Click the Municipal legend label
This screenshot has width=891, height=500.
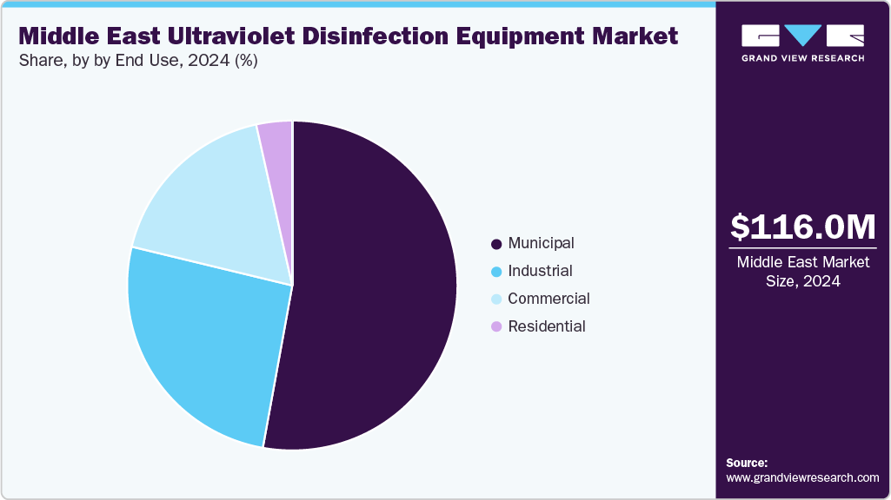(x=541, y=243)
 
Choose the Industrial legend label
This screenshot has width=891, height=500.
(x=540, y=271)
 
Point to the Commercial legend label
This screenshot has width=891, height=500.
(x=549, y=299)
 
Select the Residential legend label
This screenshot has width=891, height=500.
(x=547, y=326)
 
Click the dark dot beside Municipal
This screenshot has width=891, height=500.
(x=496, y=244)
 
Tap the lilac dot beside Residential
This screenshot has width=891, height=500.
(x=496, y=327)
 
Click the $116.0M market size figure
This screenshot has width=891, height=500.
(x=802, y=227)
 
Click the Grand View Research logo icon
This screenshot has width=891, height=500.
(x=802, y=36)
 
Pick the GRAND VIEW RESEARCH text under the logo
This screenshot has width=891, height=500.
(x=802, y=58)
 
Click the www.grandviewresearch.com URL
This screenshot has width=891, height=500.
(x=802, y=477)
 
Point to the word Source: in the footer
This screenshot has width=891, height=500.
(x=747, y=463)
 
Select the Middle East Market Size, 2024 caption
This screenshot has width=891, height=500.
(x=802, y=271)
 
